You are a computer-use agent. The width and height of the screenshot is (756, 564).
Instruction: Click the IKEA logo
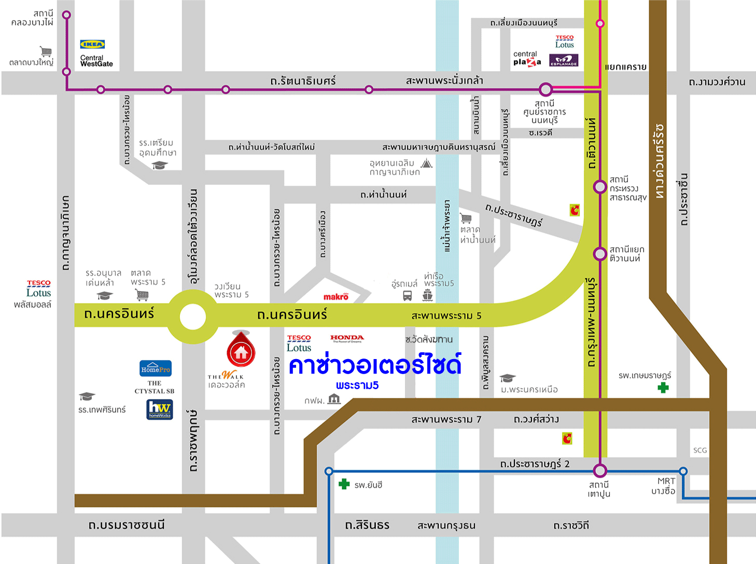(x=92, y=45)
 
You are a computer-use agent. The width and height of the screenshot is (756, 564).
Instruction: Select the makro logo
(x=336, y=297)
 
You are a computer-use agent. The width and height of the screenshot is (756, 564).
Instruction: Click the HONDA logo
(x=347, y=338)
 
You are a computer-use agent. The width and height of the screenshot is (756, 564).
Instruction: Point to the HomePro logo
(x=156, y=368)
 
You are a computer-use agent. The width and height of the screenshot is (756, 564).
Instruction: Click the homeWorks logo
(x=160, y=409)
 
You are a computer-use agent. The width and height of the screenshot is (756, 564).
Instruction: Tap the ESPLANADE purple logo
(x=564, y=61)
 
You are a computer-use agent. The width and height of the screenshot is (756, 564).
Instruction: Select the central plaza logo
(x=527, y=59)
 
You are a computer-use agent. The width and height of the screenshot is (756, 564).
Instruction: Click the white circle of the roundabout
(x=193, y=316)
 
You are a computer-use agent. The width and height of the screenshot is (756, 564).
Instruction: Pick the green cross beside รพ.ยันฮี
(x=344, y=484)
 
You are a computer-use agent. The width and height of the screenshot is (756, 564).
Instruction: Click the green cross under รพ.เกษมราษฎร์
(x=663, y=387)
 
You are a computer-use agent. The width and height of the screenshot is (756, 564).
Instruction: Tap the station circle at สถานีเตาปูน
(x=600, y=471)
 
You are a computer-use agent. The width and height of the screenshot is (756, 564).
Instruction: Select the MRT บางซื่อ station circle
(x=683, y=471)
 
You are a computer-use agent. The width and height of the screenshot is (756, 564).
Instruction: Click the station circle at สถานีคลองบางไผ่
(x=66, y=15)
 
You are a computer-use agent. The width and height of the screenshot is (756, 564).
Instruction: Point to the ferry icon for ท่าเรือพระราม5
(x=427, y=296)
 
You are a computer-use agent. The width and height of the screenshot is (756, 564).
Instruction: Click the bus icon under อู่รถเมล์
(x=408, y=296)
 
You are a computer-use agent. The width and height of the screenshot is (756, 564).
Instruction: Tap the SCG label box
(x=700, y=450)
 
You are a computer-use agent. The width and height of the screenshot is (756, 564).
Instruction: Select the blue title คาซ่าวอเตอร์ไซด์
(x=374, y=365)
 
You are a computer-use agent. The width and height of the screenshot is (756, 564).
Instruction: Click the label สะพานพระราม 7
(x=446, y=419)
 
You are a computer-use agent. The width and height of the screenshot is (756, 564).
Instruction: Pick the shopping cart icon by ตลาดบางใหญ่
(x=46, y=51)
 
